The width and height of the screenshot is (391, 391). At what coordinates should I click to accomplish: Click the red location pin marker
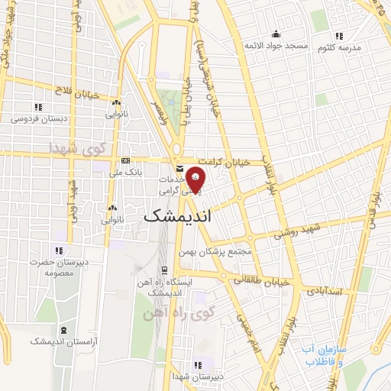point(195,178)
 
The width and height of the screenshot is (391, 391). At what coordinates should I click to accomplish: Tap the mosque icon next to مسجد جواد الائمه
point(276,34)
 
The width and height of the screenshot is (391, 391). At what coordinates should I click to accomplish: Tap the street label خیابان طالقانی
point(261,280)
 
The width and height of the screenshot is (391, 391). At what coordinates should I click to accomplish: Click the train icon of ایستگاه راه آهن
point(163,270)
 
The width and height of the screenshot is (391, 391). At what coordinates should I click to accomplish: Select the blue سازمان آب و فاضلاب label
point(323,355)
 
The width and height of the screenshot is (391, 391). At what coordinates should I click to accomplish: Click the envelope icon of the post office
point(178,168)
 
